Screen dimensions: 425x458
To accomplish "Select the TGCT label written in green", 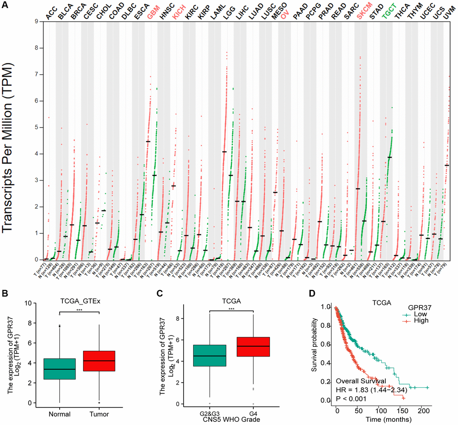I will [x=387, y=13].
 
